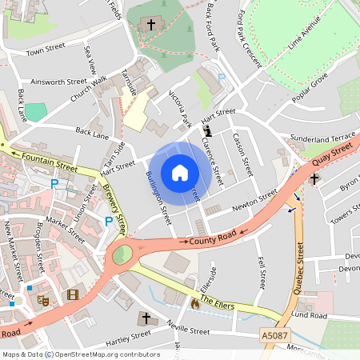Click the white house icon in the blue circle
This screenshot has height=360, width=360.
point(180,172)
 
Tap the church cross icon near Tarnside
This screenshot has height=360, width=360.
point(150,26)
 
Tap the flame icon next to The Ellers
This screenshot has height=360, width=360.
point(194,304)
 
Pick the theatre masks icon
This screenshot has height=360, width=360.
point(44,300)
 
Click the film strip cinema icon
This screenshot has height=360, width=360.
point(73,295)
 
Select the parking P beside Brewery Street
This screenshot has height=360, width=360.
point(109,222)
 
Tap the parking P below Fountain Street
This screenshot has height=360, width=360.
point(54,184)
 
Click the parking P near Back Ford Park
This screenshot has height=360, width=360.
point(222,77)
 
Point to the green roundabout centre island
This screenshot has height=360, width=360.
point(122,256)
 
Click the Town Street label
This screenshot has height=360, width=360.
point(45,52)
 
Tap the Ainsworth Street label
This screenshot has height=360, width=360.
point(58,82)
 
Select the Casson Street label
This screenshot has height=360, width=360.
point(242,154)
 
